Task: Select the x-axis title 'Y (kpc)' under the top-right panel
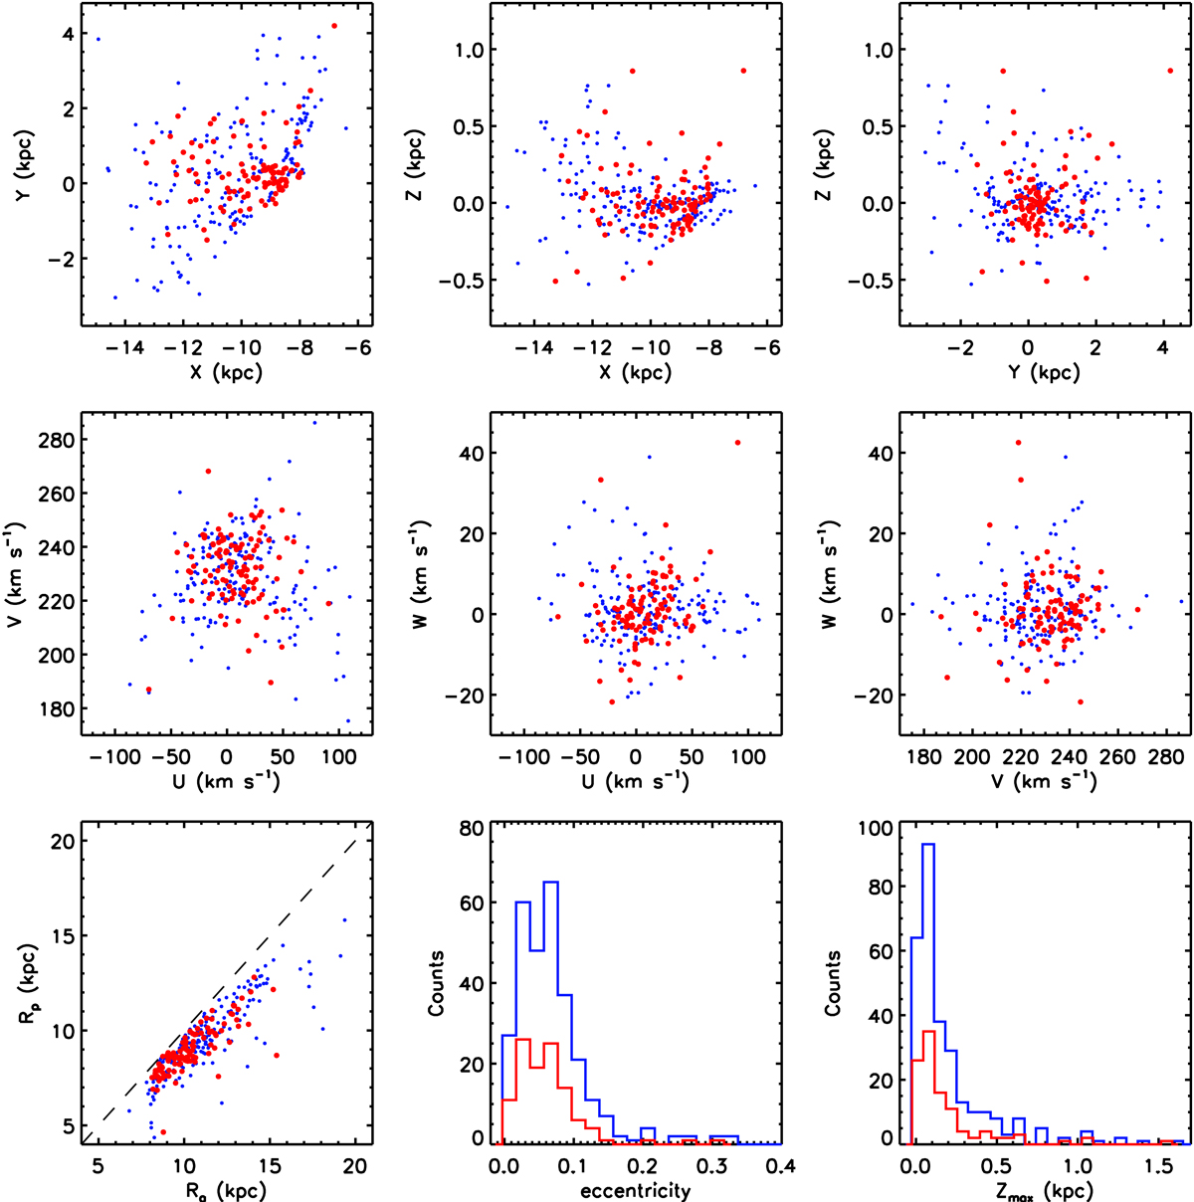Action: (x=1042, y=373)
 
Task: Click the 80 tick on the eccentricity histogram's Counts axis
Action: (x=473, y=827)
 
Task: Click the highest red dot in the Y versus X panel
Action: (x=334, y=26)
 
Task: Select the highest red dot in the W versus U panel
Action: (x=737, y=443)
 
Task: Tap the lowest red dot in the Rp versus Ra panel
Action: (x=163, y=1132)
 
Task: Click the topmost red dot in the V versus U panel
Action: (x=208, y=472)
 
